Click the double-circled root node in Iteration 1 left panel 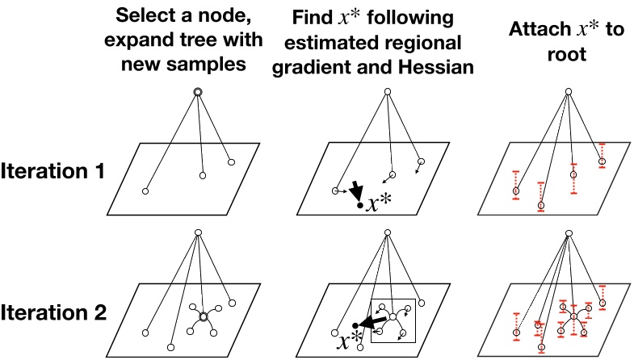click(197, 93)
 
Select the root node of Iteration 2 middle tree click(388, 233)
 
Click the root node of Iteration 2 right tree click(569, 233)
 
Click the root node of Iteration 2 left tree click(197, 233)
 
